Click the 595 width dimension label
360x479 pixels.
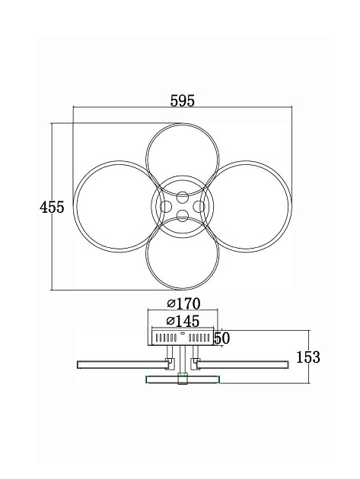pyautogui.click(x=183, y=101)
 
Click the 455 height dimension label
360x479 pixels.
pyautogui.click(x=52, y=208)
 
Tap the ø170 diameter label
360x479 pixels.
pyautogui.click(x=183, y=303)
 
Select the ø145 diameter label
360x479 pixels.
pyautogui.click(x=183, y=321)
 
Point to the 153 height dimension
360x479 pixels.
pyautogui.click(x=308, y=357)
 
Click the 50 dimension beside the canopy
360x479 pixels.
pyautogui.click(x=221, y=338)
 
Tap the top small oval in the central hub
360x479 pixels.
pyautogui.click(x=183, y=197)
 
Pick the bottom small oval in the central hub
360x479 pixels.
pyautogui.click(x=183, y=216)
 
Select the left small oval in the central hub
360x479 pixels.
pyautogui.click(x=166, y=207)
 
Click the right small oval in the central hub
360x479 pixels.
pyautogui.click(x=199, y=207)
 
